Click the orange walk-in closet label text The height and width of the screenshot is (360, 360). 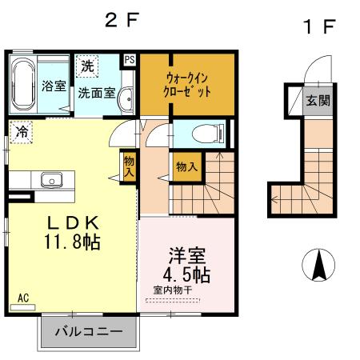[x=189, y=85]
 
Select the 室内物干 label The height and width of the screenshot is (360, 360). [x=173, y=291]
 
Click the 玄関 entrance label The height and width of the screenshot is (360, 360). [x=318, y=101]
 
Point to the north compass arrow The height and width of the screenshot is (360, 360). [x=318, y=265]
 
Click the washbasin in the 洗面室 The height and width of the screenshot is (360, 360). [x=126, y=98]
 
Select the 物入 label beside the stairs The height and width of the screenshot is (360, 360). [x=187, y=167]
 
